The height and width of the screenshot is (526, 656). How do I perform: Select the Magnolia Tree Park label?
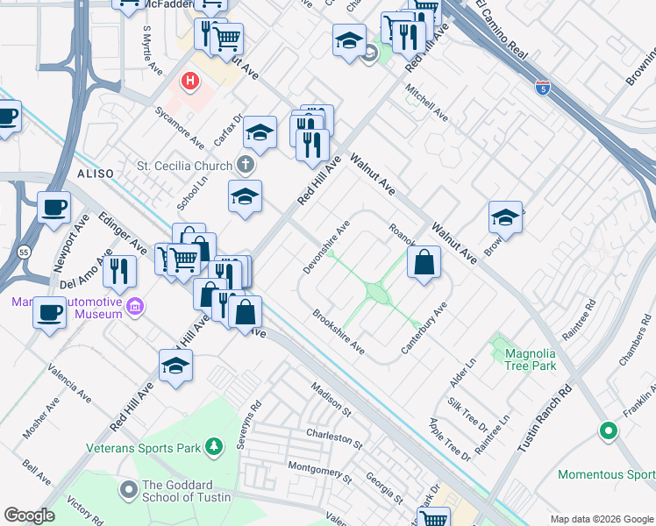531,359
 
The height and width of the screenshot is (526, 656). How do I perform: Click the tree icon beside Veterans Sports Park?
214,448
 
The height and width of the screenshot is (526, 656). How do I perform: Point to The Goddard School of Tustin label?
186,492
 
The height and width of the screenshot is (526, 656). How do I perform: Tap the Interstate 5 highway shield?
543,87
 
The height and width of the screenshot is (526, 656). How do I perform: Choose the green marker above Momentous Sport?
608,430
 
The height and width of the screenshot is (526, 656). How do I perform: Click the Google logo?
29,515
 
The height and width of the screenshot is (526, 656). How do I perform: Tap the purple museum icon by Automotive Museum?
135,308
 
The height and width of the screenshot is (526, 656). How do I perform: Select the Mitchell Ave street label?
427,103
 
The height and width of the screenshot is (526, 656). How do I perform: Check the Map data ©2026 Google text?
600,518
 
